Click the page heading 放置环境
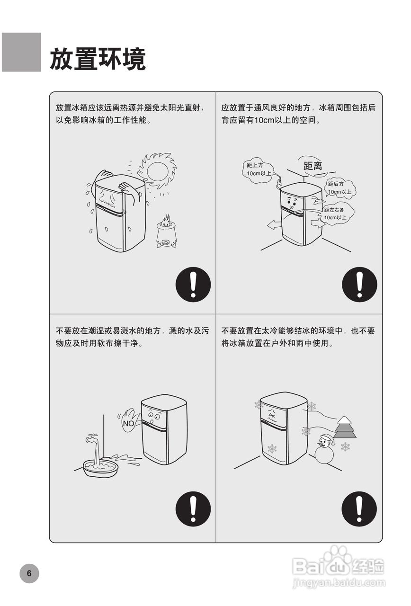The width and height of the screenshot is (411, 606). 98,59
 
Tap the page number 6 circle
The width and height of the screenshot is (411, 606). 29,573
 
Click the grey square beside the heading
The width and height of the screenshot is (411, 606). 21,52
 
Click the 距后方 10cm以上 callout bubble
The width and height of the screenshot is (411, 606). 340,188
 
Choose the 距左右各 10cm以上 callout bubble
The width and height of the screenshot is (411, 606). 336,214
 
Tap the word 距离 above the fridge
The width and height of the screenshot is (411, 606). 313,166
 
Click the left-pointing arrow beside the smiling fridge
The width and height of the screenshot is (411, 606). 274,225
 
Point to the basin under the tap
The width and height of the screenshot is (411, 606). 100,468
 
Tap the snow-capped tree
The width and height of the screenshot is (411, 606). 344,428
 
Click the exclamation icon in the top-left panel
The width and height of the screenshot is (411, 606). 193,285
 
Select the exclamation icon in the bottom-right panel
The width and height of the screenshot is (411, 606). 359,509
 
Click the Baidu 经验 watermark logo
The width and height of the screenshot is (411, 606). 338,566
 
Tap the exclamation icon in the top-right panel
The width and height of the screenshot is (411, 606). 359,285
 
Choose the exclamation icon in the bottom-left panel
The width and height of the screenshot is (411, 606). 193,509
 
